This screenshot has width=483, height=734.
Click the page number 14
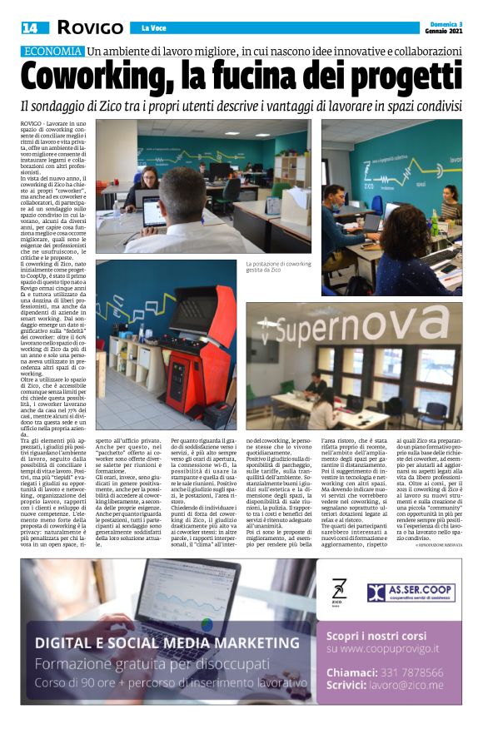(29, 27)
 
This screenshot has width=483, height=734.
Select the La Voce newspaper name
(153, 28)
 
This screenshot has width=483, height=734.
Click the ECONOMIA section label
(52, 51)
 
